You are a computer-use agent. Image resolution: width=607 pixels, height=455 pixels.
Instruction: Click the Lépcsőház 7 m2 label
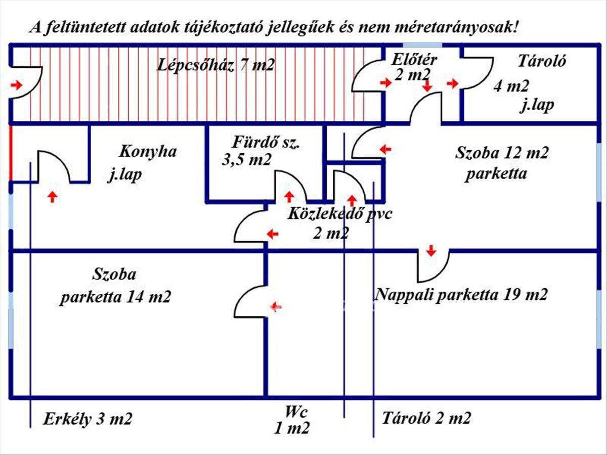coord(216,65)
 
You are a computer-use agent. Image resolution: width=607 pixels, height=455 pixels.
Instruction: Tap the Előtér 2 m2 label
coord(414,66)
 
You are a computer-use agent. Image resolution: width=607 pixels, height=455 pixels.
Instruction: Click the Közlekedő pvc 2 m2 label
coord(339,222)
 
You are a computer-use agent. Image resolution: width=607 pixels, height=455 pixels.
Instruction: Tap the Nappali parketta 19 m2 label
coord(461,294)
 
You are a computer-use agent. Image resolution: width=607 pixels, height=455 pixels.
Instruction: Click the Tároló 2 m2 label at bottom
coord(426,419)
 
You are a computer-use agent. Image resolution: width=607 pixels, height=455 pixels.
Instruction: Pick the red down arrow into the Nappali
coord(431,250)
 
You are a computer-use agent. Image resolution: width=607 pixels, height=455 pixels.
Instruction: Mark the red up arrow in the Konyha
coord(52,196)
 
